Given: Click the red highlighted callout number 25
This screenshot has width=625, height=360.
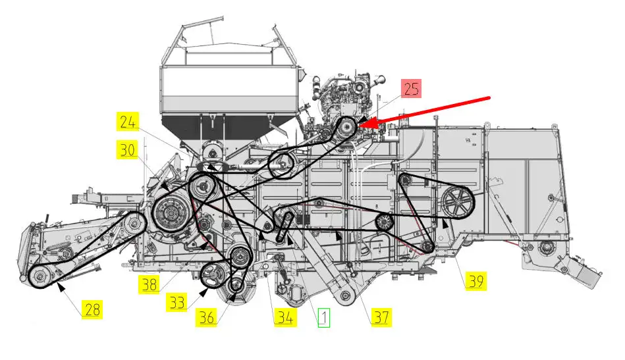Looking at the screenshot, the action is click(x=411, y=88).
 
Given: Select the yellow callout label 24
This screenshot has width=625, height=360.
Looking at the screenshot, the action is click(x=128, y=122).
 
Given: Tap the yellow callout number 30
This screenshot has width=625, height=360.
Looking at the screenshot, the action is click(x=127, y=150).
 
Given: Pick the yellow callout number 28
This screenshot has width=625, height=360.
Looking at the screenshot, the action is click(x=92, y=309).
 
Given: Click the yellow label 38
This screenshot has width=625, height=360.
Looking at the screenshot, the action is click(x=149, y=284).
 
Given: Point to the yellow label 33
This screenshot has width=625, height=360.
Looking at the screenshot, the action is click(x=177, y=302).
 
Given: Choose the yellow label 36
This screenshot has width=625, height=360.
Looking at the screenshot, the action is click(x=207, y=317).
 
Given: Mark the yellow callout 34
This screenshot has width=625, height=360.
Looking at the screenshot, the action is click(x=285, y=317).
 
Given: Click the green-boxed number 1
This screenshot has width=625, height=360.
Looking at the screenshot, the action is click(x=323, y=317).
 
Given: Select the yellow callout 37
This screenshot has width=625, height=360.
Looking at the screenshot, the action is click(x=381, y=317).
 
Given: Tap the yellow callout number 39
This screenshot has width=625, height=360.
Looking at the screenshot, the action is click(x=476, y=281).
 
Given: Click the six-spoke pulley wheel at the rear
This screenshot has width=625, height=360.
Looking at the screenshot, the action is click(x=457, y=202).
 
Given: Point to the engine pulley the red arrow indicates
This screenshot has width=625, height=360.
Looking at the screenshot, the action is click(x=346, y=128).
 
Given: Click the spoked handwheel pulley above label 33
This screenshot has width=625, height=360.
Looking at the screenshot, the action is click(x=213, y=276).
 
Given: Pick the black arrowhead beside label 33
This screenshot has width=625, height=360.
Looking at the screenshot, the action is click(x=204, y=293).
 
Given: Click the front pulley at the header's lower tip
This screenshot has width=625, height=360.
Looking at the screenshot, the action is click(x=40, y=276).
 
